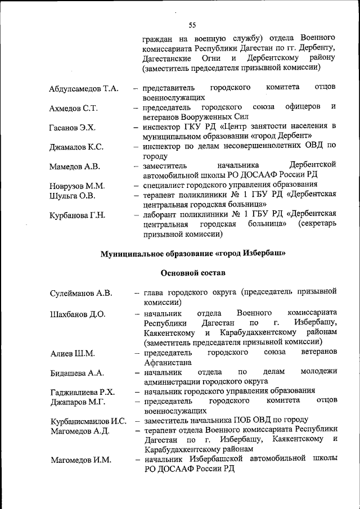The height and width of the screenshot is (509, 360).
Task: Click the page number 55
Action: pyautogui.click(x=192, y=25)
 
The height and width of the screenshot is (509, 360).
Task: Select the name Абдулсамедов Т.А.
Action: pyautogui.click(x=84, y=89)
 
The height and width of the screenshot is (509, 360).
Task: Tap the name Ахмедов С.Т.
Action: pyautogui.click(x=74, y=108)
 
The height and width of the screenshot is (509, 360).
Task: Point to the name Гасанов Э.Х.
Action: pyautogui.click(x=73, y=128)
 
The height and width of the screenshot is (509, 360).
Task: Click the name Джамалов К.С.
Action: pyautogui.click(x=76, y=147)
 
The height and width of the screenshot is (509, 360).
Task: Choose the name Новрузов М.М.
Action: pyautogui.click(x=77, y=186)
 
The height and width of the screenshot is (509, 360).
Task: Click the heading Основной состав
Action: pyautogui.click(x=192, y=273)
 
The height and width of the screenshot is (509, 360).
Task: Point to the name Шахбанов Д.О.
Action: pyautogui.click(x=78, y=314)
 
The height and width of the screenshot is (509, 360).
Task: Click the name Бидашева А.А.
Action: pyautogui.click(x=77, y=373)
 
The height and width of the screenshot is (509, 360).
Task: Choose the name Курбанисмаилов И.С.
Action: pyautogui.click(x=88, y=421)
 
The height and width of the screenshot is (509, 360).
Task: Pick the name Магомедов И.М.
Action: pyautogui.click(x=81, y=460)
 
